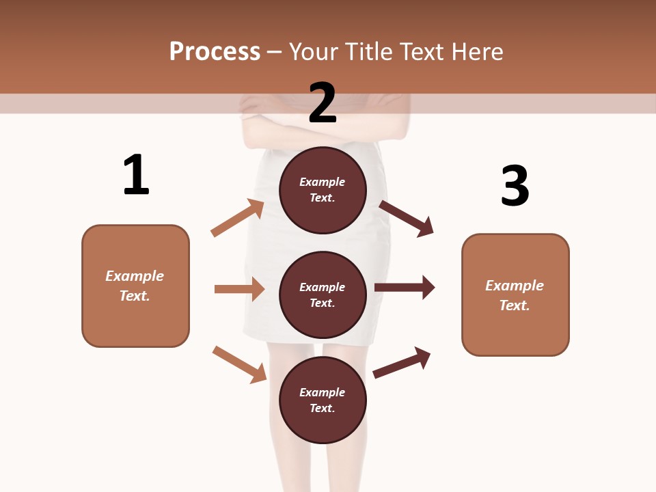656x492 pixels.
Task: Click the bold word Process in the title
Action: [215, 52]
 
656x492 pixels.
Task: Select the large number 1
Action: [135, 175]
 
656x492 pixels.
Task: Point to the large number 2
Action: [323, 102]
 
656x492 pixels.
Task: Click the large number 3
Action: [515, 186]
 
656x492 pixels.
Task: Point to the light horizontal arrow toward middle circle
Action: [239, 289]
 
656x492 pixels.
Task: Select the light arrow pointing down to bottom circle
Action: [240, 364]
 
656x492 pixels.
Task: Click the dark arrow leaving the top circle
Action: [407, 219]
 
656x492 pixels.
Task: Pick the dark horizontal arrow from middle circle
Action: [405, 288]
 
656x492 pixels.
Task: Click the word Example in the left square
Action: [135, 276]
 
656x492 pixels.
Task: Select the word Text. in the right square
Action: [515, 305]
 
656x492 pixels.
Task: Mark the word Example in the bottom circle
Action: [323, 392]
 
